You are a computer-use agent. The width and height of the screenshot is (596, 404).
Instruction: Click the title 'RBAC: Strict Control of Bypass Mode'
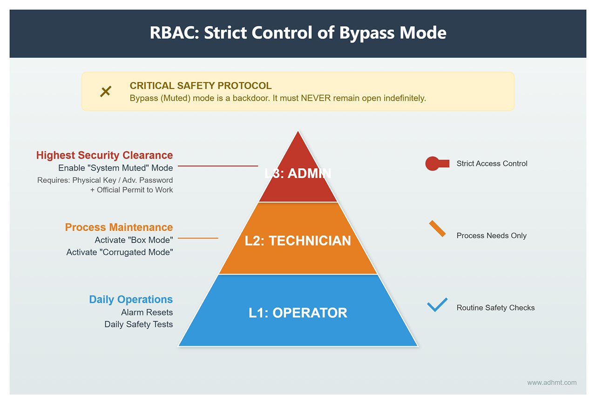(x=298, y=33)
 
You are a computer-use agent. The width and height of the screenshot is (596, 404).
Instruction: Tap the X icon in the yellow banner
(x=106, y=92)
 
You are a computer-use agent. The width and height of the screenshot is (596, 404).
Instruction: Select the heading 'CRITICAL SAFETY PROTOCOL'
(x=200, y=86)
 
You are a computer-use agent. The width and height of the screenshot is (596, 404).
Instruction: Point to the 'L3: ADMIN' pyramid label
(x=298, y=173)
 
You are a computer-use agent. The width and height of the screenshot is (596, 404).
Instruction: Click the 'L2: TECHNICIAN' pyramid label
(x=298, y=241)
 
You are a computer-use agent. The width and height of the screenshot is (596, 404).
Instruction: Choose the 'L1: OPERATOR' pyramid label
(x=298, y=313)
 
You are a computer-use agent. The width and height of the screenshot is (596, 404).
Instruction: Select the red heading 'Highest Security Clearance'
(x=104, y=155)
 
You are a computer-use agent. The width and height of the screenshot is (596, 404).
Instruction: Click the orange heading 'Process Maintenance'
(x=119, y=227)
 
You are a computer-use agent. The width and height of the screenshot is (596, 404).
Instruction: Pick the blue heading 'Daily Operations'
(x=131, y=300)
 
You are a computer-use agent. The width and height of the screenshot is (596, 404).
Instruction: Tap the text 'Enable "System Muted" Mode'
(x=115, y=168)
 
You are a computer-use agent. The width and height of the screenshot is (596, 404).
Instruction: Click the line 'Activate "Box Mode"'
(x=134, y=240)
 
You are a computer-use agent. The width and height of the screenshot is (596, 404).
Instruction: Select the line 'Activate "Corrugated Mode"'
(x=120, y=252)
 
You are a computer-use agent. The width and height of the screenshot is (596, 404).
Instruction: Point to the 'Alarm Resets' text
(x=147, y=312)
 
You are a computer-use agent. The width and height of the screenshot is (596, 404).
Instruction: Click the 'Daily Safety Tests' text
(x=138, y=324)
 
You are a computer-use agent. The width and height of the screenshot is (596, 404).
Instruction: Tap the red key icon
(x=436, y=164)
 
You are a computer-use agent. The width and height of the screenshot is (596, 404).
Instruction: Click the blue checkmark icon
(x=437, y=305)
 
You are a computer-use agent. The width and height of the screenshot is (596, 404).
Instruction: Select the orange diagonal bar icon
(x=437, y=229)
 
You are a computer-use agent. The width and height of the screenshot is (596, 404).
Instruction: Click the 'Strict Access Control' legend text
(x=492, y=164)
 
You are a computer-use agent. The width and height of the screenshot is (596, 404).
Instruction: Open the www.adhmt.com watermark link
(x=552, y=383)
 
